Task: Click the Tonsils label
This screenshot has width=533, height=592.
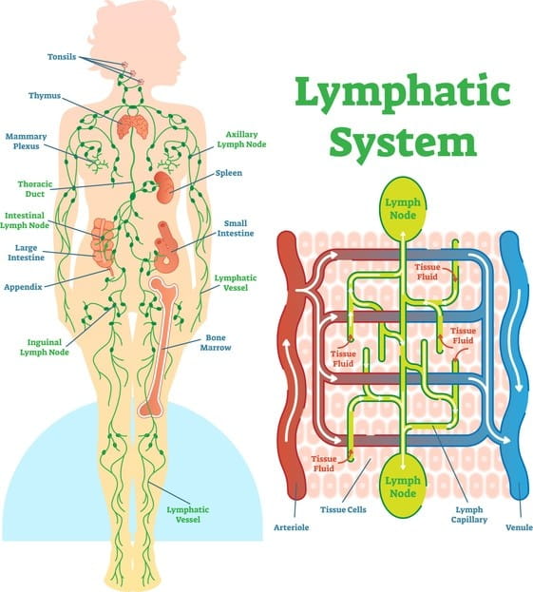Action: coord(63,57)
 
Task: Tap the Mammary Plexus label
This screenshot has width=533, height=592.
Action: coord(27,142)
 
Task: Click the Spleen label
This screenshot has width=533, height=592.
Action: coord(229,173)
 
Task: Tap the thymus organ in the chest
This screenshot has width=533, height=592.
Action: coord(133,128)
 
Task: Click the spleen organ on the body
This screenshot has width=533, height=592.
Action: coord(165,184)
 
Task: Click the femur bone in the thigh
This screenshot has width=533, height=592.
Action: coord(159,347)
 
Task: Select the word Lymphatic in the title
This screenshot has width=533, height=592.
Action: coord(403,93)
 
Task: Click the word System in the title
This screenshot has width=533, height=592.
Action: coord(403,142)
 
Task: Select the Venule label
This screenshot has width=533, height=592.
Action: coord(519,526)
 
